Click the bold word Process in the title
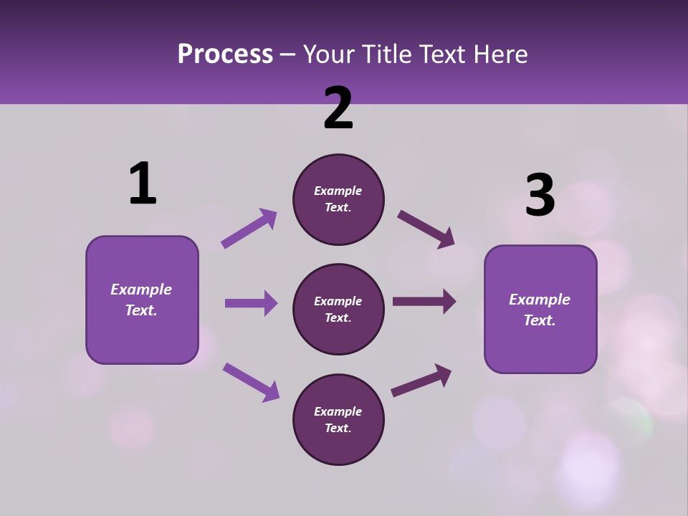225,54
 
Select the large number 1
143,184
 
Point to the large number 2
338,108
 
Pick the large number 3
540,196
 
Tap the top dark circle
338,199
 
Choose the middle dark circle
338,310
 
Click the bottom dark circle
338,419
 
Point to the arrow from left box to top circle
249,228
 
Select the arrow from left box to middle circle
251,303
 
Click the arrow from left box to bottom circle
251,382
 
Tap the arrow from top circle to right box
426,229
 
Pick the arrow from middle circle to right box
424,301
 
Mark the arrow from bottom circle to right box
421,381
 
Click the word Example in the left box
141,290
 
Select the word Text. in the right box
540,320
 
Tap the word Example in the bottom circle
338,411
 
